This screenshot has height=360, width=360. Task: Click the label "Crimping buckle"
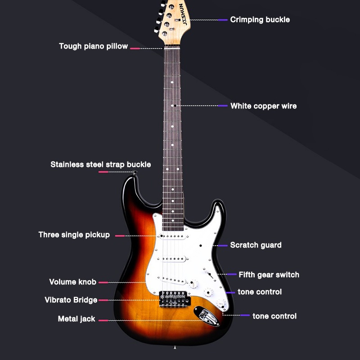click(x=260, y=20)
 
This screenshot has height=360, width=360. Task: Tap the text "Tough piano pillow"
click(x=94, y=46)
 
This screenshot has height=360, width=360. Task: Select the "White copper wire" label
click(x=263, y=106)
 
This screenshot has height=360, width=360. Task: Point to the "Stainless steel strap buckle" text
click(x=100, y=165)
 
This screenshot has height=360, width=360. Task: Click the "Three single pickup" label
click(x=74, y=235)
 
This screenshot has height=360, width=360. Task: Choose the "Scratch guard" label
click(x=256, y=245)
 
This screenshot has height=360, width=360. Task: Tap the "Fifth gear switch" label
click(x=269, y=274)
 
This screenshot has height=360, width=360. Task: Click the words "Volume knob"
click(x=72, y=282)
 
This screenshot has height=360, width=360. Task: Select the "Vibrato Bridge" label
click(x=71, y=300)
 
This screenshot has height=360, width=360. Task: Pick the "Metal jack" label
click(x=76, y=319)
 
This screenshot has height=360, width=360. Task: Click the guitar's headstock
click(x=173, y=18)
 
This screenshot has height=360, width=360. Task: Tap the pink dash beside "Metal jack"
click(x=103, y=321)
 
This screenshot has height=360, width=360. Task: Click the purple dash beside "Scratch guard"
click(x=222, y=246)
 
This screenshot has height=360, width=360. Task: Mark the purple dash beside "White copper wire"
click(x=223, y=106)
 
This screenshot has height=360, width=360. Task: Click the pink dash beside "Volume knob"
click(x=103, y=283)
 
